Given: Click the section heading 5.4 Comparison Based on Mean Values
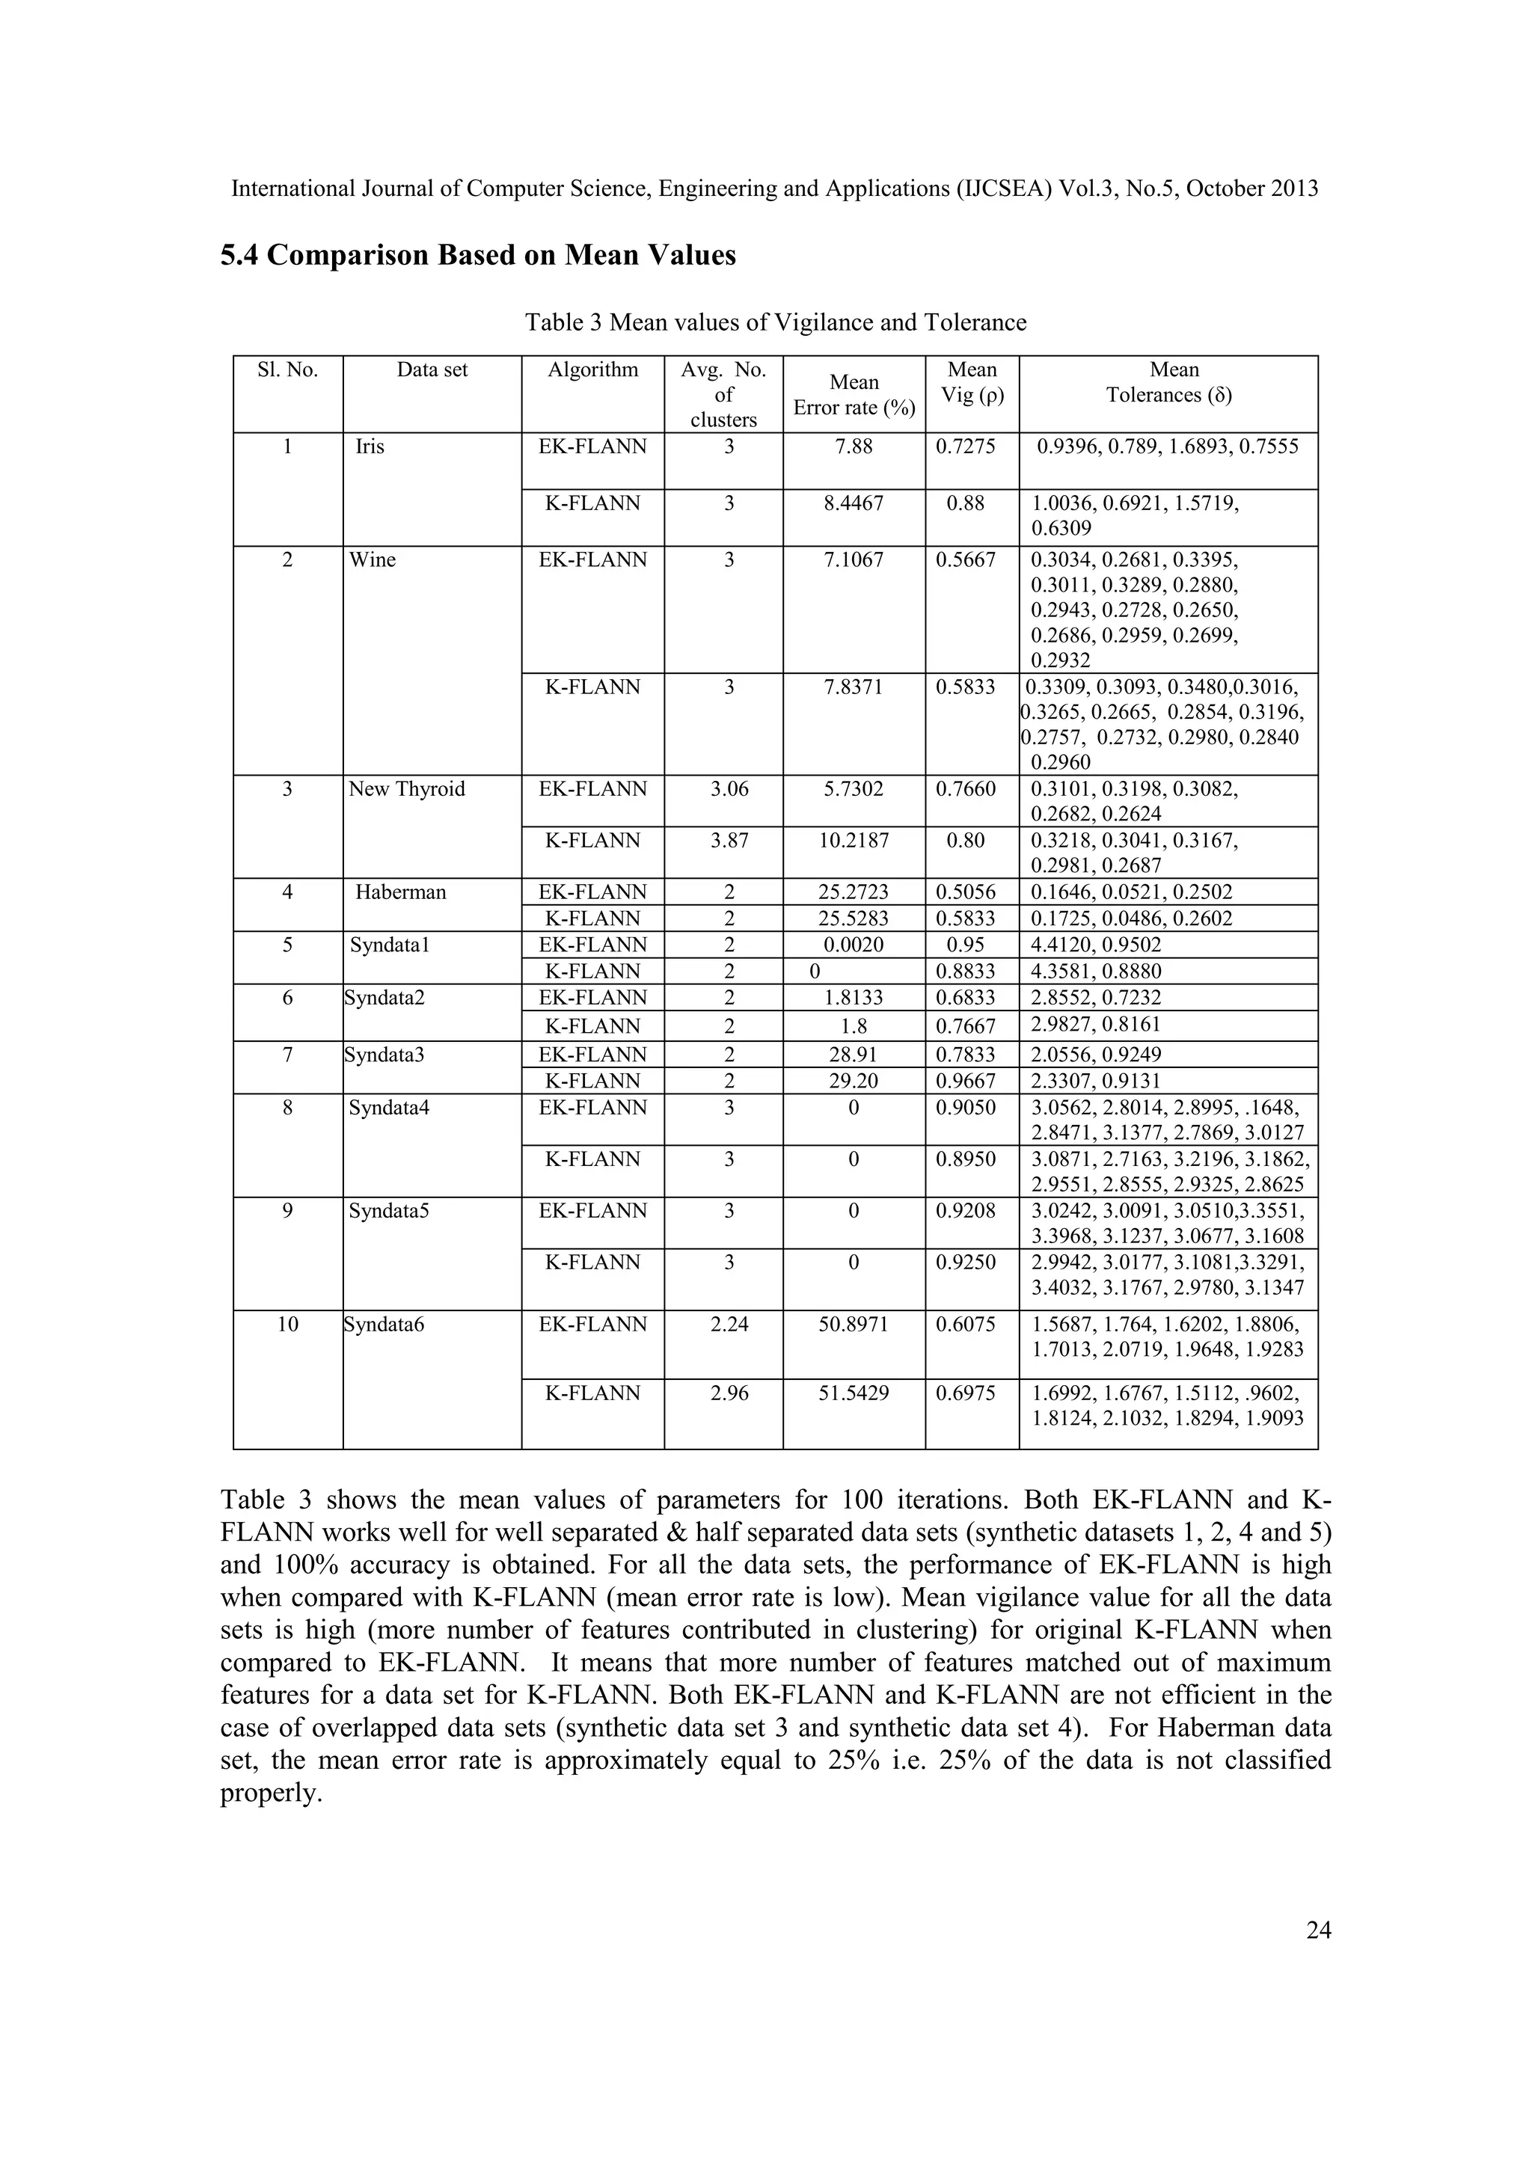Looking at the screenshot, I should pos(477,256).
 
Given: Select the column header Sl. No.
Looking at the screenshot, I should pos(288,369).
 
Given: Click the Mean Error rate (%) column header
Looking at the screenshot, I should pos(854,394).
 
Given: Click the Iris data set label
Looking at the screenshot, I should pos(370,447).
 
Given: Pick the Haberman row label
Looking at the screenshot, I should pos(400,892).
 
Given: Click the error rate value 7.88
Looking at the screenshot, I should pos(854,447).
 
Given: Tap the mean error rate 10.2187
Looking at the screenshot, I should pos(854,840).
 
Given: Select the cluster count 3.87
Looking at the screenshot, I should pos(729,840).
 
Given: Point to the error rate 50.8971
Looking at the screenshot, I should pos(854,1324).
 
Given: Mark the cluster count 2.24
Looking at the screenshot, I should pos(729,1324).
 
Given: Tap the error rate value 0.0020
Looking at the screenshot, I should pos(854,945).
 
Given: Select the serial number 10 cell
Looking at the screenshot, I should pos(288,1324).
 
